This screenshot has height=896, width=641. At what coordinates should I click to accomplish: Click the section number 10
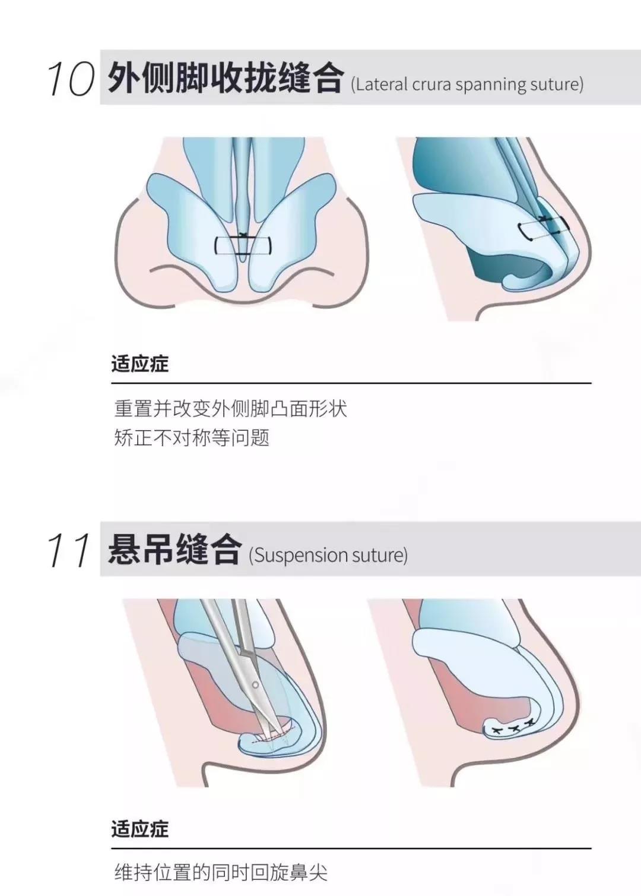pyautogui.click(x=71, y=79)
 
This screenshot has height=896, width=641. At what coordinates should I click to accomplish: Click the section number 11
pyautogui.click(x=69, y=550)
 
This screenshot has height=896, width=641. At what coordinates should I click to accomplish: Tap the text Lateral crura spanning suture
pyautogui.click(x=467, y=84)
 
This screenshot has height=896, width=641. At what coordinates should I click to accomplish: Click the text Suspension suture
pyautogui.click(x=328, y=555)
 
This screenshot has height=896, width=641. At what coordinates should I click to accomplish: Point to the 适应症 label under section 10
pyautogui.click(x=140, y=364)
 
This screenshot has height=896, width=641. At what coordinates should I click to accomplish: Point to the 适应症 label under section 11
pyautogui.click(x=140, y=828)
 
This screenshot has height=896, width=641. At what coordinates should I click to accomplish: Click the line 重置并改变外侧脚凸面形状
pyautogui.click(x=230, y=409)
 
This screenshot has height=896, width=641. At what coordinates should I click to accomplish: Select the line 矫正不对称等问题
pyautogui.click(x=192, y=438)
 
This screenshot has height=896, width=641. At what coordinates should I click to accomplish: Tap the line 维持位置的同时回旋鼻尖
pyautogui.click(x=221, y=872)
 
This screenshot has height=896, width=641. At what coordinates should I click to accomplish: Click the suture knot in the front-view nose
pyautogui.click(x=242, y=236)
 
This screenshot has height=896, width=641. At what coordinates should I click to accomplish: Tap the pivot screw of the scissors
pyautogui.click(x=256, y=685)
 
